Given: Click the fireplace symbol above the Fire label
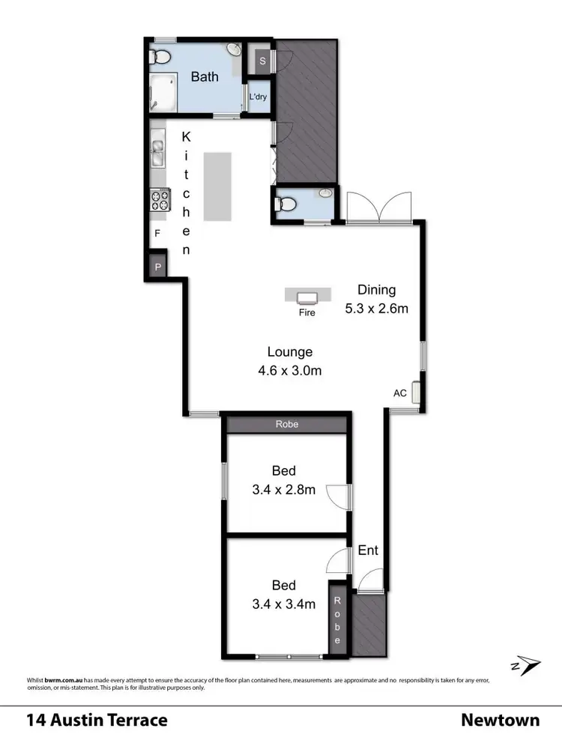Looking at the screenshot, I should click(x=307, y=296).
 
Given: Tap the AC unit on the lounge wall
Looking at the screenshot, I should click(x=416, y=393).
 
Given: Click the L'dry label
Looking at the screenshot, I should click(x=259, y=97).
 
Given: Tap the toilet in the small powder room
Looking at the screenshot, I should click(x=287, y=203).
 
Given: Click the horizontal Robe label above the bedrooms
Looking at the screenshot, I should click(x=287, y=424).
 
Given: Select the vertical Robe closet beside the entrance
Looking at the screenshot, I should click(x=338, y=621).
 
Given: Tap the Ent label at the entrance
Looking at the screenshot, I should click(x=367, y=551).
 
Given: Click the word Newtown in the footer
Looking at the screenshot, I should click(x=500, y=721).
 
